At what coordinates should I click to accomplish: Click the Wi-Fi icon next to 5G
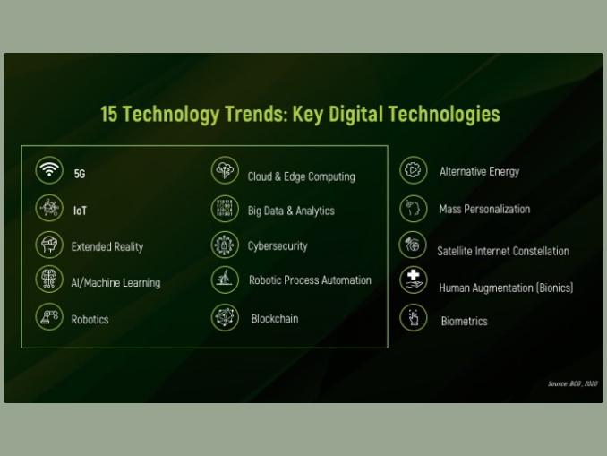[x=49, y=170]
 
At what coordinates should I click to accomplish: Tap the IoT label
[x=81, y=211]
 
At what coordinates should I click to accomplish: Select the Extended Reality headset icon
[x=49, y=245]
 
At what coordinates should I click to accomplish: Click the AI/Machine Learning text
[x=115, y=283]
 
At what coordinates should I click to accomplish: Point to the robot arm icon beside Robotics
[x=49, y=317]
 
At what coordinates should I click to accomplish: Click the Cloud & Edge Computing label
[x=301, y=176]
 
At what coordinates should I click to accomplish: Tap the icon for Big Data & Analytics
[x=225, y=209]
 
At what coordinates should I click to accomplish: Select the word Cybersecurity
[x=278, y=246]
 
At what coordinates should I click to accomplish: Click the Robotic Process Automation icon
[x=225, y=280]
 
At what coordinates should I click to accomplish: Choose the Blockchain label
[x=275, y=319]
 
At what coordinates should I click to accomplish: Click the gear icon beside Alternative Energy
[x=413, y=170]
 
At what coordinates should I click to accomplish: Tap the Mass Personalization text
[x=484, y=210]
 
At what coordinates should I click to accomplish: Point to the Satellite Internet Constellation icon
[x=413, y=245]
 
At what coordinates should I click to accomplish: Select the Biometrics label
[x=464, y=322]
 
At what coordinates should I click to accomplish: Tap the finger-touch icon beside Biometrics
[x=413, y=318]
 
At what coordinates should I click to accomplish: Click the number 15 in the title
[x=109, y=114]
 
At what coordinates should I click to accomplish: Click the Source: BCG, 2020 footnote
[x=573, y=383]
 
